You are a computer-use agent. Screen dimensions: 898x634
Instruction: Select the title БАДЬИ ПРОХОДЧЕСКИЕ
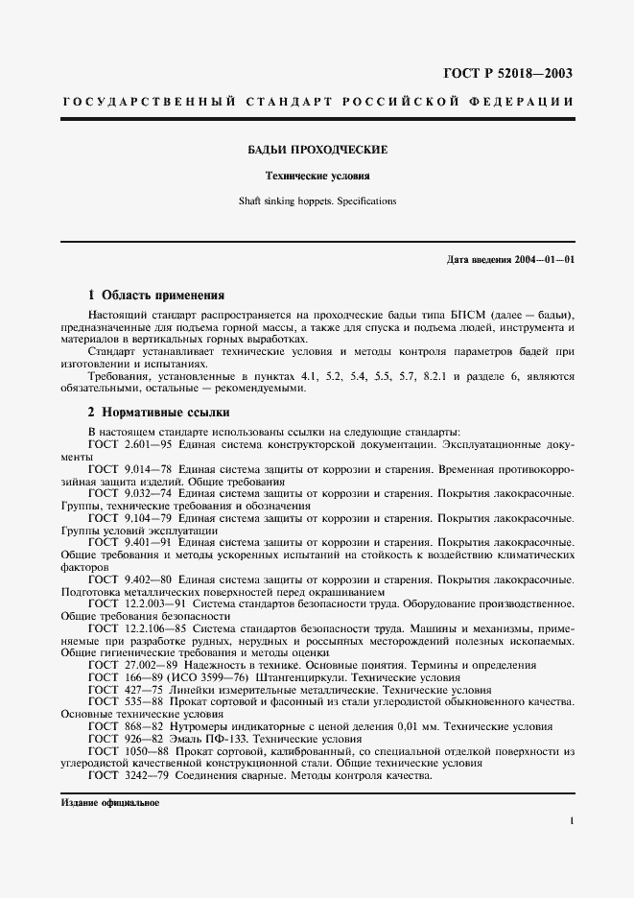(x=317, y=151)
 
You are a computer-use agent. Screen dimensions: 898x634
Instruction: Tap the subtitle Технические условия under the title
(x=317, y=177)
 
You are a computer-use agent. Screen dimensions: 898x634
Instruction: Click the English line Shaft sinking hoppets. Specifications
(x=317, y=201)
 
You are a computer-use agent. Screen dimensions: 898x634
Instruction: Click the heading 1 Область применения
(x=156, y=295)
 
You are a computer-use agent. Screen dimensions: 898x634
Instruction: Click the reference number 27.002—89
(x=149, y=665)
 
